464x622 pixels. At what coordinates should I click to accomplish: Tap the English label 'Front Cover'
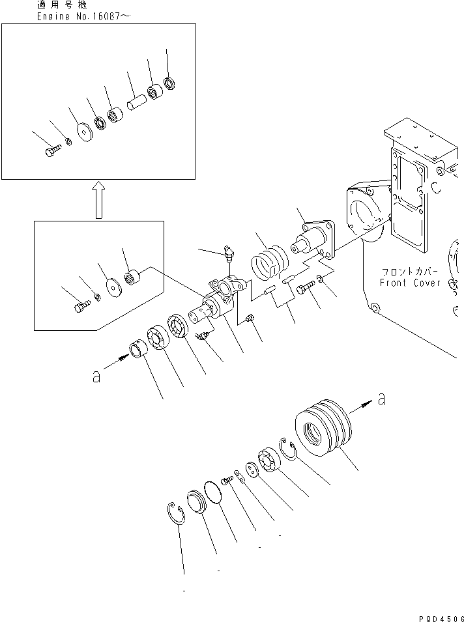click(x=411, y=283)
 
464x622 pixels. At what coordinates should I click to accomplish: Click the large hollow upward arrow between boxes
click(x=98, y=199)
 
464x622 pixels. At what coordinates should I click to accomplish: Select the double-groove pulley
click(x=325, y=429)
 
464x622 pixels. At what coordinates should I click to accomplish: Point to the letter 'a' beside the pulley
click(x=381, y=400)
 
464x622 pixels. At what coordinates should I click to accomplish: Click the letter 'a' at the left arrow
click(x=96, y=376)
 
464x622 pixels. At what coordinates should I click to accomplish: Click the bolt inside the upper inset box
click(x=52, y=151)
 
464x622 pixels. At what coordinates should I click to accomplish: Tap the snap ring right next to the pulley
click(x=288, y=449)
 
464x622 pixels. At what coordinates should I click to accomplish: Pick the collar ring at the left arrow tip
click(x=138, y=350)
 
